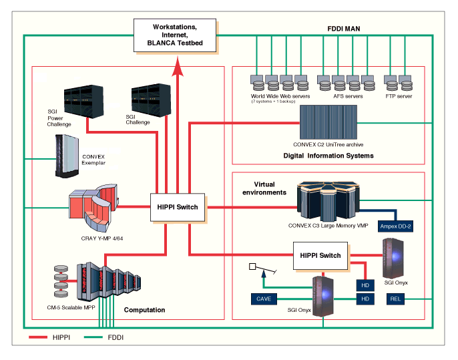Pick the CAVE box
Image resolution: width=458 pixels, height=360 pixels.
[x=264, y=299]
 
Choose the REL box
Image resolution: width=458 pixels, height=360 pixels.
[x=396, y=299]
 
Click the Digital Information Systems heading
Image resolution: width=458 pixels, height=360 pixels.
[x=324, y=156]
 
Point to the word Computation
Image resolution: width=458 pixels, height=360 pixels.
[x=144, y=310]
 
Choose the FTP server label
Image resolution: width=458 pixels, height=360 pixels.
[x=399, y=96]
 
